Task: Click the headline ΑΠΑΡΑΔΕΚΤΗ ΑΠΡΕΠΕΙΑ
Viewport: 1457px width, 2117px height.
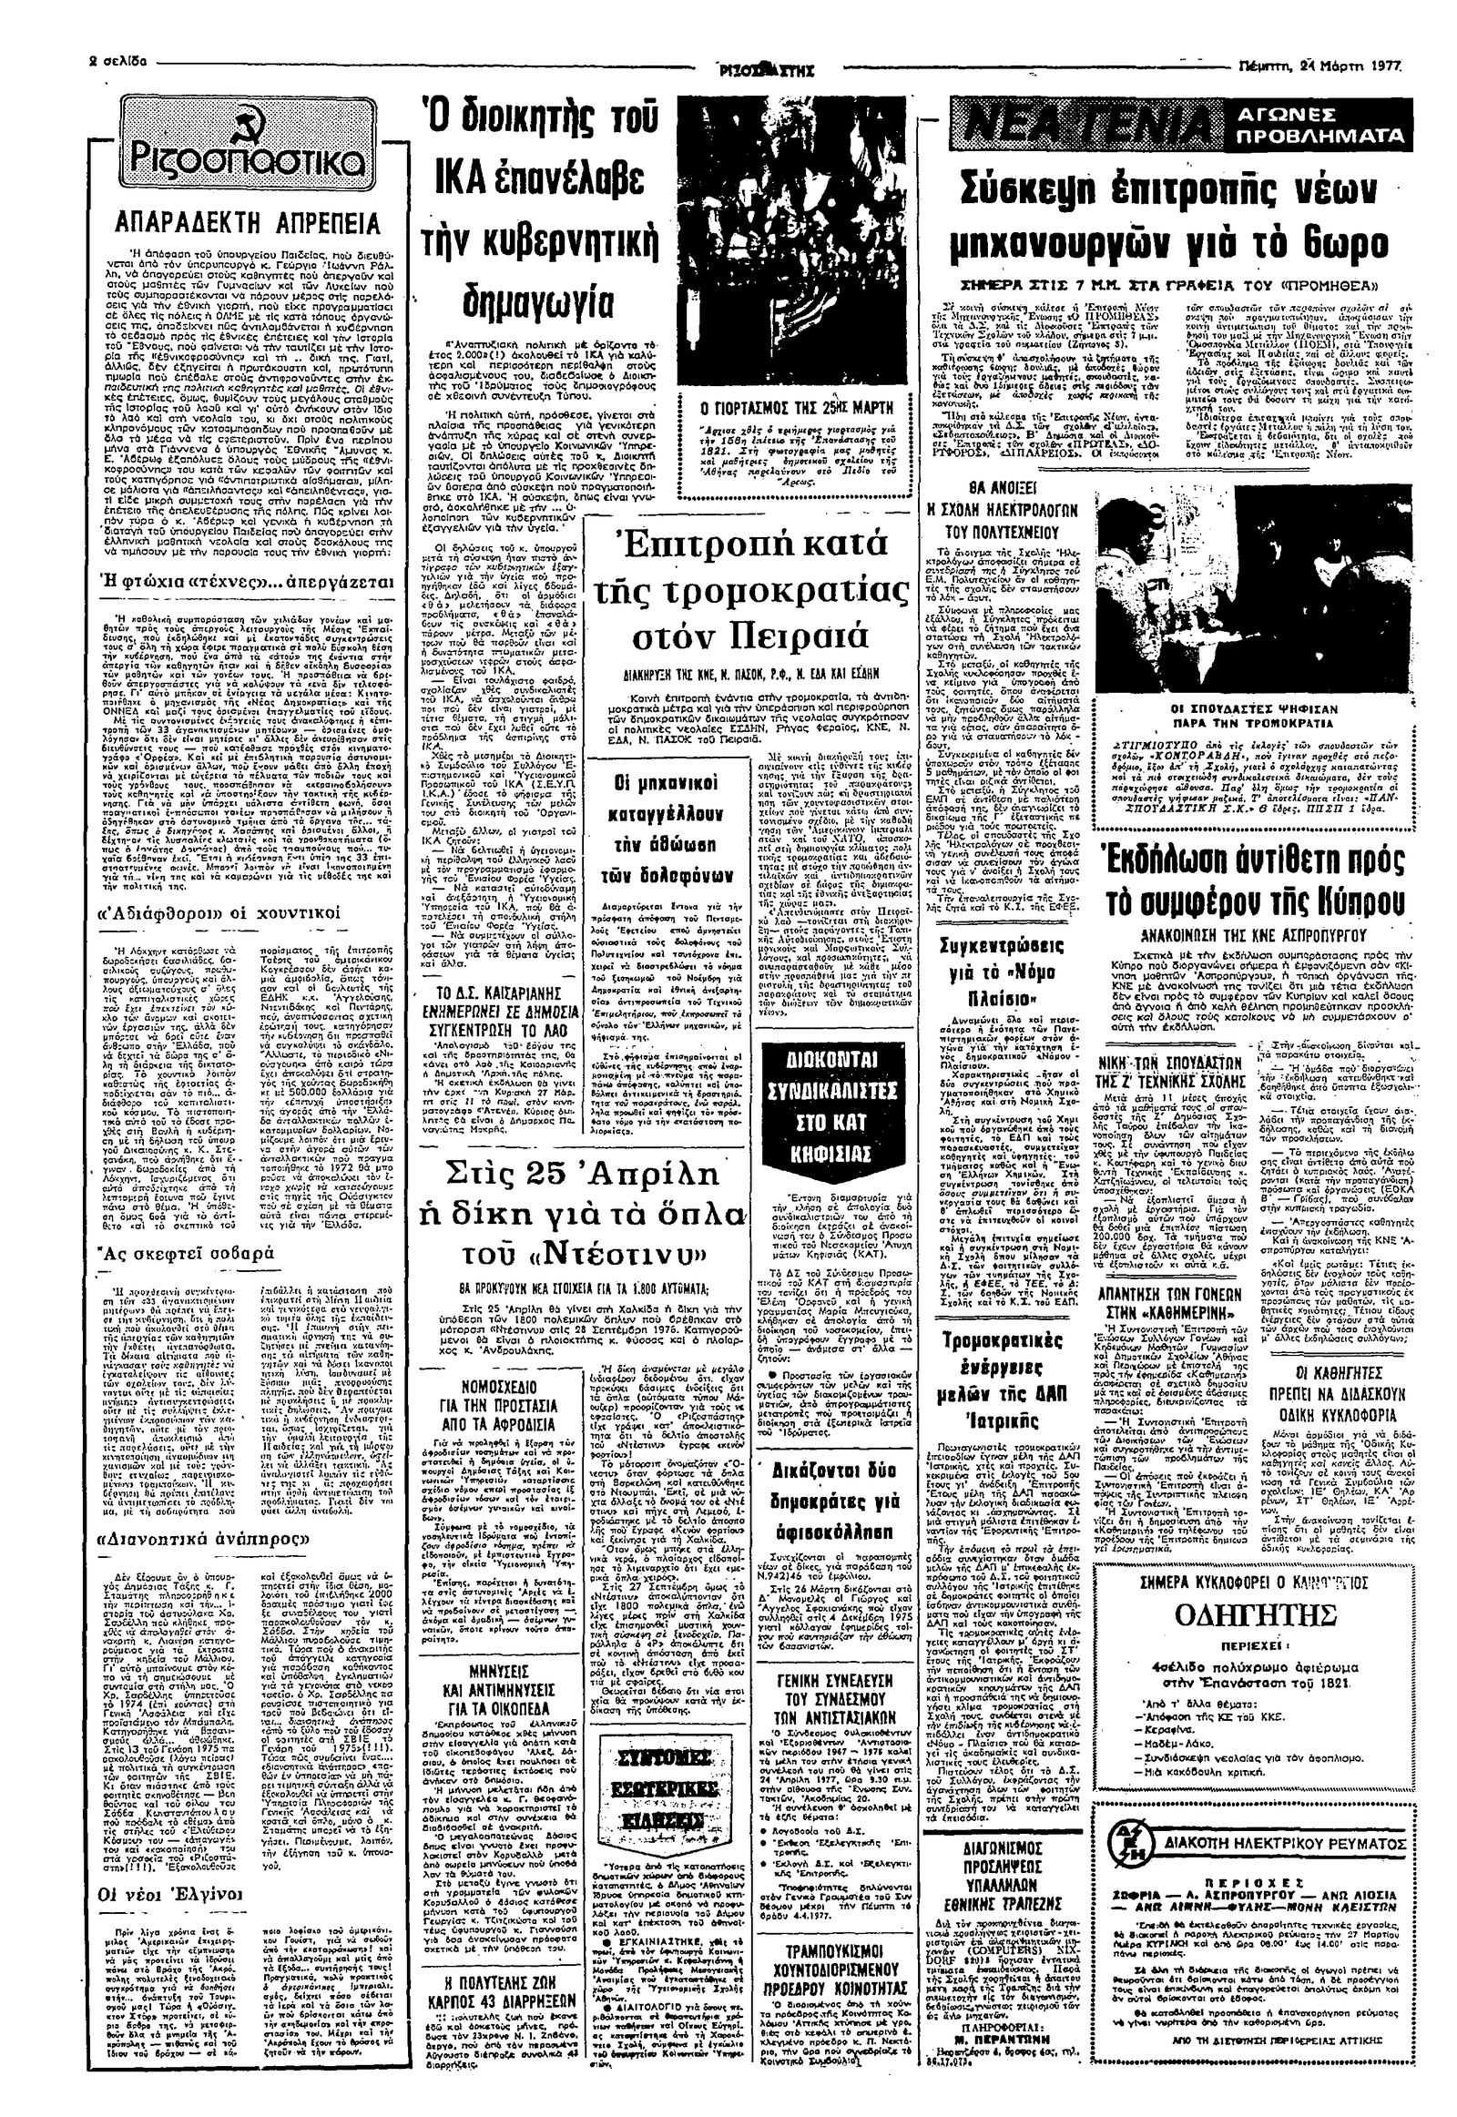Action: pyautogui.click(x=248, y=224)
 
